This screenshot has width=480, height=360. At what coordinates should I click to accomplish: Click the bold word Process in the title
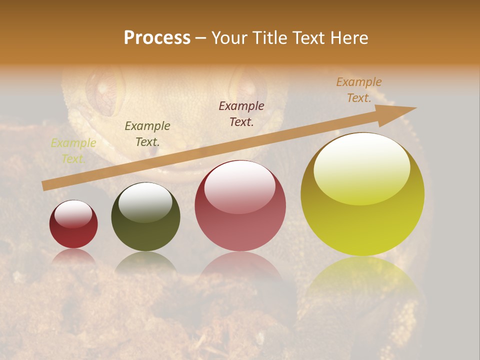pos(157,38)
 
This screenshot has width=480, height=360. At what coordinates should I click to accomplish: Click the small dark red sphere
pos(73,224)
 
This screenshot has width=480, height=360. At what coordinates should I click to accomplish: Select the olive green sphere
pos(145,216)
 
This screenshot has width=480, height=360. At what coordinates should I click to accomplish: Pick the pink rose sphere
pos(240,205)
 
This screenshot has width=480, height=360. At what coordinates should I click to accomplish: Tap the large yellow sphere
pos(362,194)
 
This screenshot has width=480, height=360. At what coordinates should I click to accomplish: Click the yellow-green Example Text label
pos(73,151)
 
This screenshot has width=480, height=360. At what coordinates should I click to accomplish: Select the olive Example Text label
pos(147,134)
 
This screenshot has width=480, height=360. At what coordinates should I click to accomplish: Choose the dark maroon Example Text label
pos(241,113)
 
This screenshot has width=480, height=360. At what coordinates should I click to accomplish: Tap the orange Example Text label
pos(359,90)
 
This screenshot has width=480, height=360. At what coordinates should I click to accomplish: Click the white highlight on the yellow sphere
pos(361,168)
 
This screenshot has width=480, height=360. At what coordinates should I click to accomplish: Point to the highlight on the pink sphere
pos(240,188)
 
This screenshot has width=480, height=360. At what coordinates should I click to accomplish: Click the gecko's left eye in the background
pos(104,91)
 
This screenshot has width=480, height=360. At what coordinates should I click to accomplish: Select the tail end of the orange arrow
pos(45,185)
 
